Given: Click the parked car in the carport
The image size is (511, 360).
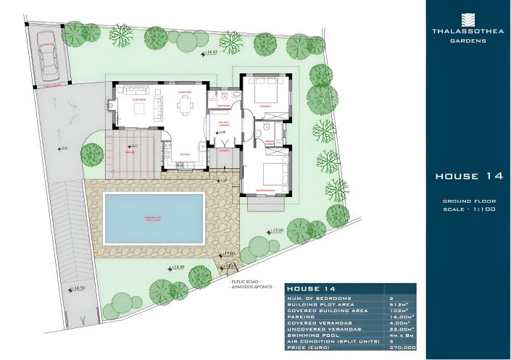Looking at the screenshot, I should (49, 56).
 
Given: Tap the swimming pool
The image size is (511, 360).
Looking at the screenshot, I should (153, 218).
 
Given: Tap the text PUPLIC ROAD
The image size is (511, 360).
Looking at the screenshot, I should (250, 280).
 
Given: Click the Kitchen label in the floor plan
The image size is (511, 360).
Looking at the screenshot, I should (185, 154).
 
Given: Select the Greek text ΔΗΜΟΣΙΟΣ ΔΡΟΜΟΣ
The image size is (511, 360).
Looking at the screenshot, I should (251, 287).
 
